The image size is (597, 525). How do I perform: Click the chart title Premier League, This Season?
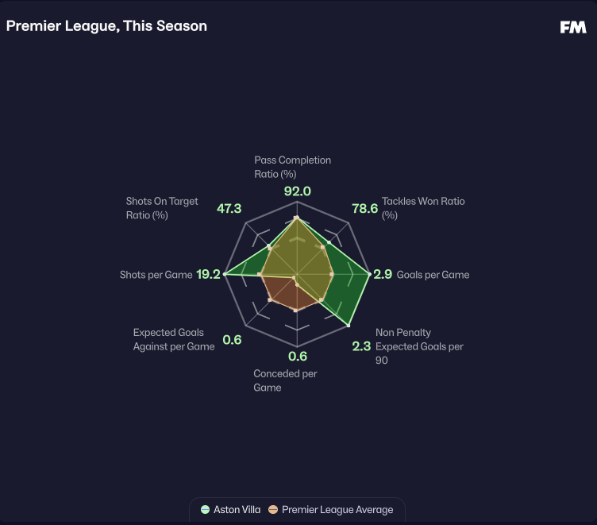106,26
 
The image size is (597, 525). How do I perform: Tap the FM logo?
572,27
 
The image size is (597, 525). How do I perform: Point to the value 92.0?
297,191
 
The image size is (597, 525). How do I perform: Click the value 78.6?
364,209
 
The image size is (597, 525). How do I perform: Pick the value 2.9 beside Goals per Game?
383,275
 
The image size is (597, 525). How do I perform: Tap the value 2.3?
361,346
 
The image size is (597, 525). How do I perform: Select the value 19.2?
208,275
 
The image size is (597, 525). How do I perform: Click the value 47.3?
229,209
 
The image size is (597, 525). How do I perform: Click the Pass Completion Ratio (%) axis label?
292,167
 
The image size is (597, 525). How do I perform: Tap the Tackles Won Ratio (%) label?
422,208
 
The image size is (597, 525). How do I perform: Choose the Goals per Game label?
433,275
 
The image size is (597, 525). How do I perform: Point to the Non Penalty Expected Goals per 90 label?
418,346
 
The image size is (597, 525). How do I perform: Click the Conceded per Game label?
284,380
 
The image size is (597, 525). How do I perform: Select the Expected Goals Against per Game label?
173,340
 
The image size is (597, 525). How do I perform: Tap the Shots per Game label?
156,275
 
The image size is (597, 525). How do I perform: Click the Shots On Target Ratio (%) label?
162,208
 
